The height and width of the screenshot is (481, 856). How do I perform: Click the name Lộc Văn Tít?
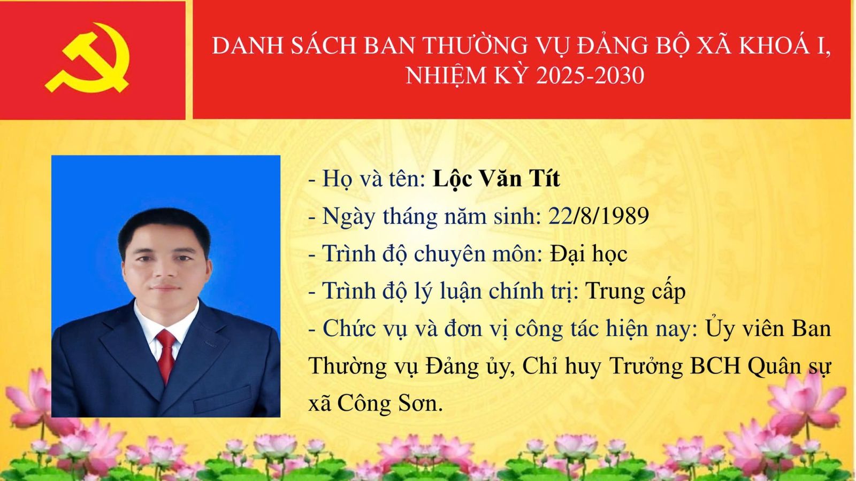(496, 179)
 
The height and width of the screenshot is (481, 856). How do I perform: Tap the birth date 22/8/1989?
(599, 216)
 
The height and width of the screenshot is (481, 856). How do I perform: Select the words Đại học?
(588, 253)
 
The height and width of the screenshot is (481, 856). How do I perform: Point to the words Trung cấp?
(636, 292)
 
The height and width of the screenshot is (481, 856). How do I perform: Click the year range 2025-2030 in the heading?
(590, 75)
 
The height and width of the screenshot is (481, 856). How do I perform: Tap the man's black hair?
(164, 229)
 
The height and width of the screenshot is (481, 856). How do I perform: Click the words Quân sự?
(789, 367)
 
